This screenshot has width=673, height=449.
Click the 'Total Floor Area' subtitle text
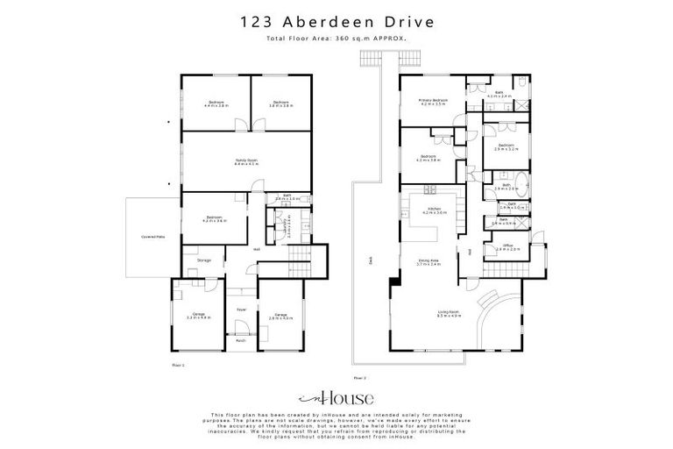336,39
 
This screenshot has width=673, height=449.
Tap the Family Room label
245,162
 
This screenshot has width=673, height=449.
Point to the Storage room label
203,260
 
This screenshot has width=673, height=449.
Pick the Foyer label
239,309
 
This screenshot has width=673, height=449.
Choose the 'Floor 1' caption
177,361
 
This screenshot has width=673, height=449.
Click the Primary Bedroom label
433,102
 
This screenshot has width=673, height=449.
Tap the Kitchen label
435,210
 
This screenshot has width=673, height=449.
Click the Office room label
508,249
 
